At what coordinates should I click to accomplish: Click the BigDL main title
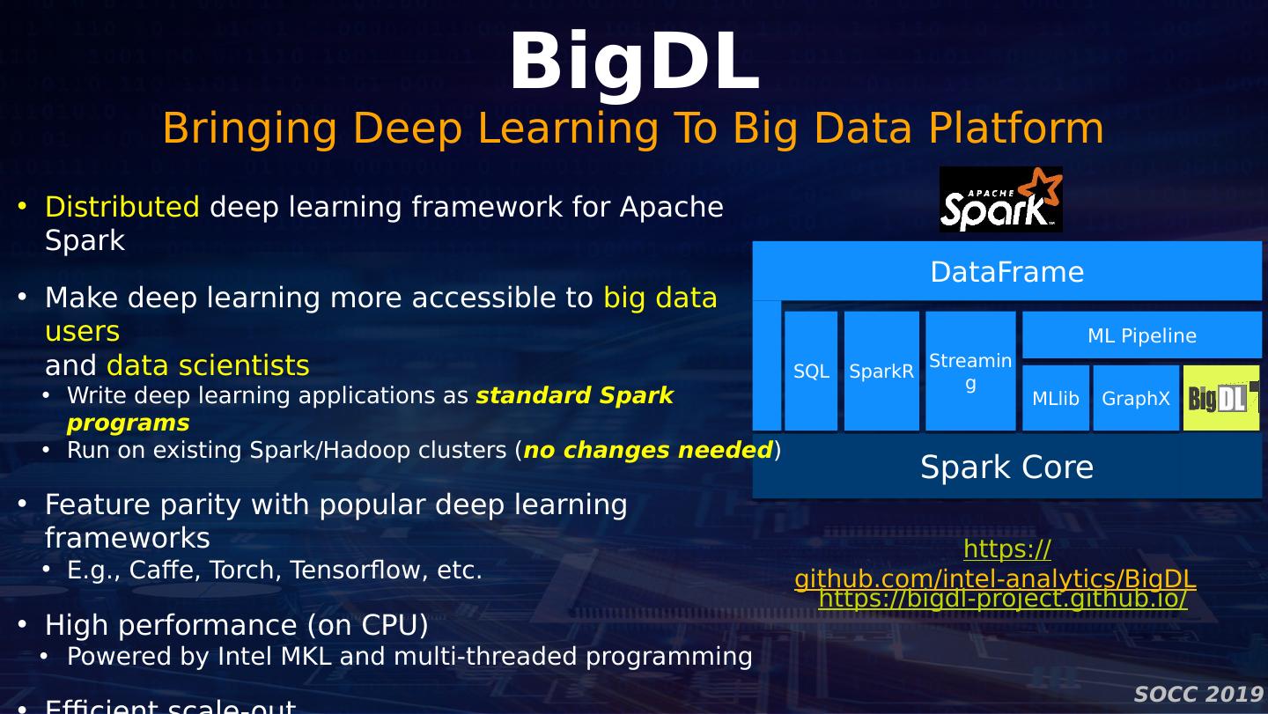tap(634, 62)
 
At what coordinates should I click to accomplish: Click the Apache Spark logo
tap(1000, 200)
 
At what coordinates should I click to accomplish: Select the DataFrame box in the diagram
tap(1006, 271)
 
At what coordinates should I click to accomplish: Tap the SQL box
tap(811, 372)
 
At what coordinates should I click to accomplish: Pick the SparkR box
tap(881, 372)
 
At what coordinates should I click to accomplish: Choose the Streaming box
tap(970, 372)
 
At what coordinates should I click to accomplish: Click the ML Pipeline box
tap(1141, 335)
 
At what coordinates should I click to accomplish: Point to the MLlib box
tap(1055, 399)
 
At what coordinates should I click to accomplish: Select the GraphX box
tap(1136, 399)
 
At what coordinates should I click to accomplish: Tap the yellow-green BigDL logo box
tap(1221, 399)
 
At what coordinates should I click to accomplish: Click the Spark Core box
tap(1006, 467)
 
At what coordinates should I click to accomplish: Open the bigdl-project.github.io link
tap(1002, 600)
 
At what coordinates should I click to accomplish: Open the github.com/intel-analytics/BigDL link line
tap(995, 578)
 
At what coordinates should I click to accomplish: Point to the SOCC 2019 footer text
tap(1198, 695)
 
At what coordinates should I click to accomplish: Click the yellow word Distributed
tap(122, 207)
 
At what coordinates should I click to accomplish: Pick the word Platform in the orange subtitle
tap(1016, 129)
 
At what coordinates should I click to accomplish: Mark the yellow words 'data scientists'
tap(208, 365)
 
